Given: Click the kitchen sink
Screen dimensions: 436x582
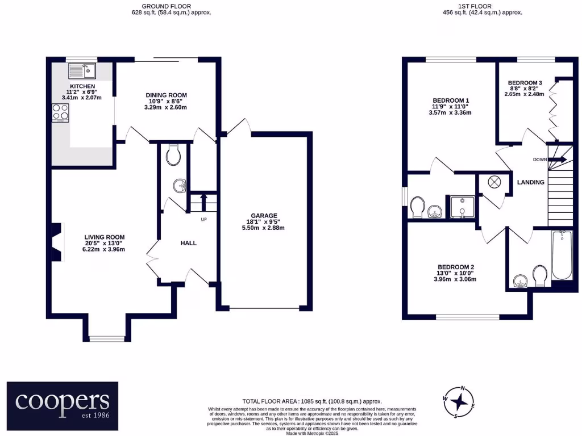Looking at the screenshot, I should click(x=82, y=71).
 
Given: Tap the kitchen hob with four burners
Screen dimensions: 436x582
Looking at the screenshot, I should click(x=60, y=113).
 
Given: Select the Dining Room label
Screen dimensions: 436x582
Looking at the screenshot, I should click(x=166, y=101).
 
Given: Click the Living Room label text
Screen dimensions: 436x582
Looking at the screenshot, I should click(x=105, y=243).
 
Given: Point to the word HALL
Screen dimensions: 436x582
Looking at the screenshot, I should click(x=188, y=243).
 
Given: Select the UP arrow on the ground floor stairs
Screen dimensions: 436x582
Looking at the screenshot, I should click(x=203, y=200).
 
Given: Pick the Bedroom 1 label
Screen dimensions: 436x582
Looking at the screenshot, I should click(x=449, y=106).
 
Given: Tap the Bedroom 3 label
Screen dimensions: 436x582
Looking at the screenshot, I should click(x=524, y=88).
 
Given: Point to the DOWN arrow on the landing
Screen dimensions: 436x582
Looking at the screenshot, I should click(x=557, y=160).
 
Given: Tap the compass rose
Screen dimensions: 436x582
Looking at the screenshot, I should click(x=462, y=401).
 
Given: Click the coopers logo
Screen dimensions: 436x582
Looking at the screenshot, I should click(x=63, y=405).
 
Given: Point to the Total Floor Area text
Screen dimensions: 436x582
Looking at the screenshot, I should click(x=312, y=401).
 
